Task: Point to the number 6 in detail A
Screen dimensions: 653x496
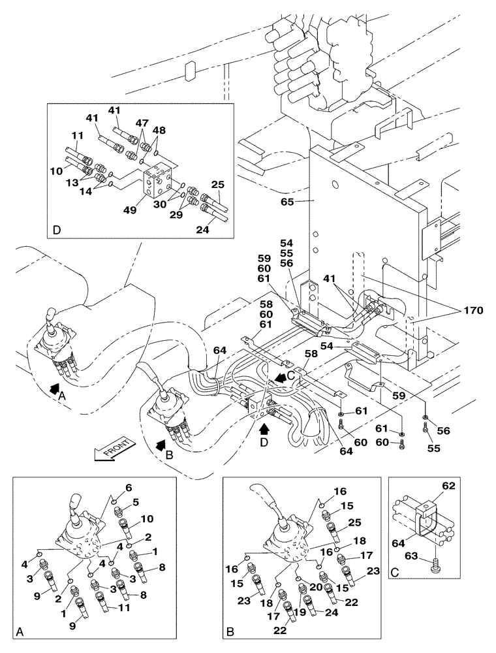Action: pos(129,488)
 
